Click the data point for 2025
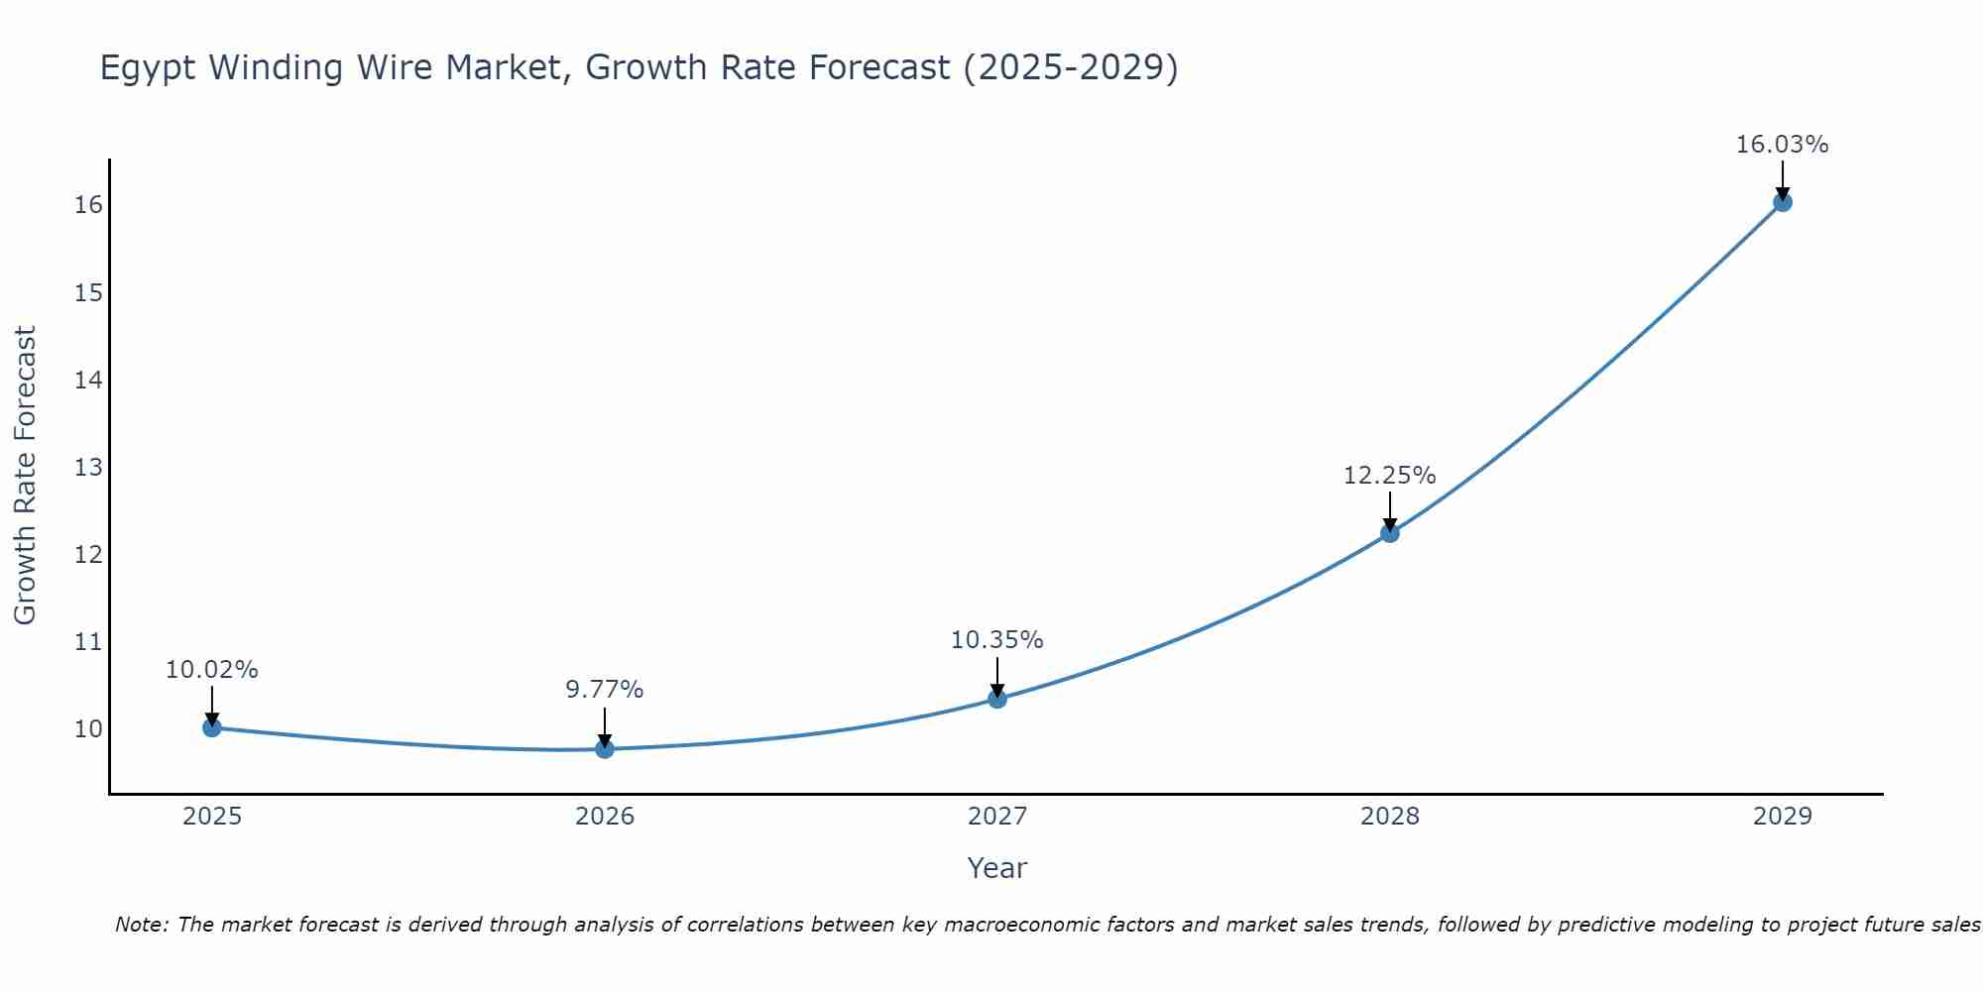click(x=211, y=727)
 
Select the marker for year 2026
click(x=605, y=749)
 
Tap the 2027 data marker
click(x=997, y=699)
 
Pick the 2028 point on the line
click(x=1390, y=533)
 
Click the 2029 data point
click(x=1782, y=202)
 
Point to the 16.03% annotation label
click(x=1782, y=145)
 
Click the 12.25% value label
click(x=1389, y=476)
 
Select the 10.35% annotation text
click(x=996, y=640)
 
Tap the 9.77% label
click(x=605, y=690)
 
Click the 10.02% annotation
click(x=211, y=670)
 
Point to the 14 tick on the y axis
click(x=88, y=380)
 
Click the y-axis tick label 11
click(x=88, y=642)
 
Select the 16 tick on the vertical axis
click(x=88, y=205)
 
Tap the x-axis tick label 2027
click(x=996, y=817)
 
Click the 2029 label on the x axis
click(x=1782, y=817)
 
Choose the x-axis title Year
click(x=996, y=868)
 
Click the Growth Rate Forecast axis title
click(x=25, y=476)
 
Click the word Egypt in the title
click(x=149, y=68)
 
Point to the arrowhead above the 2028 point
click(x=1390, y=525)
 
